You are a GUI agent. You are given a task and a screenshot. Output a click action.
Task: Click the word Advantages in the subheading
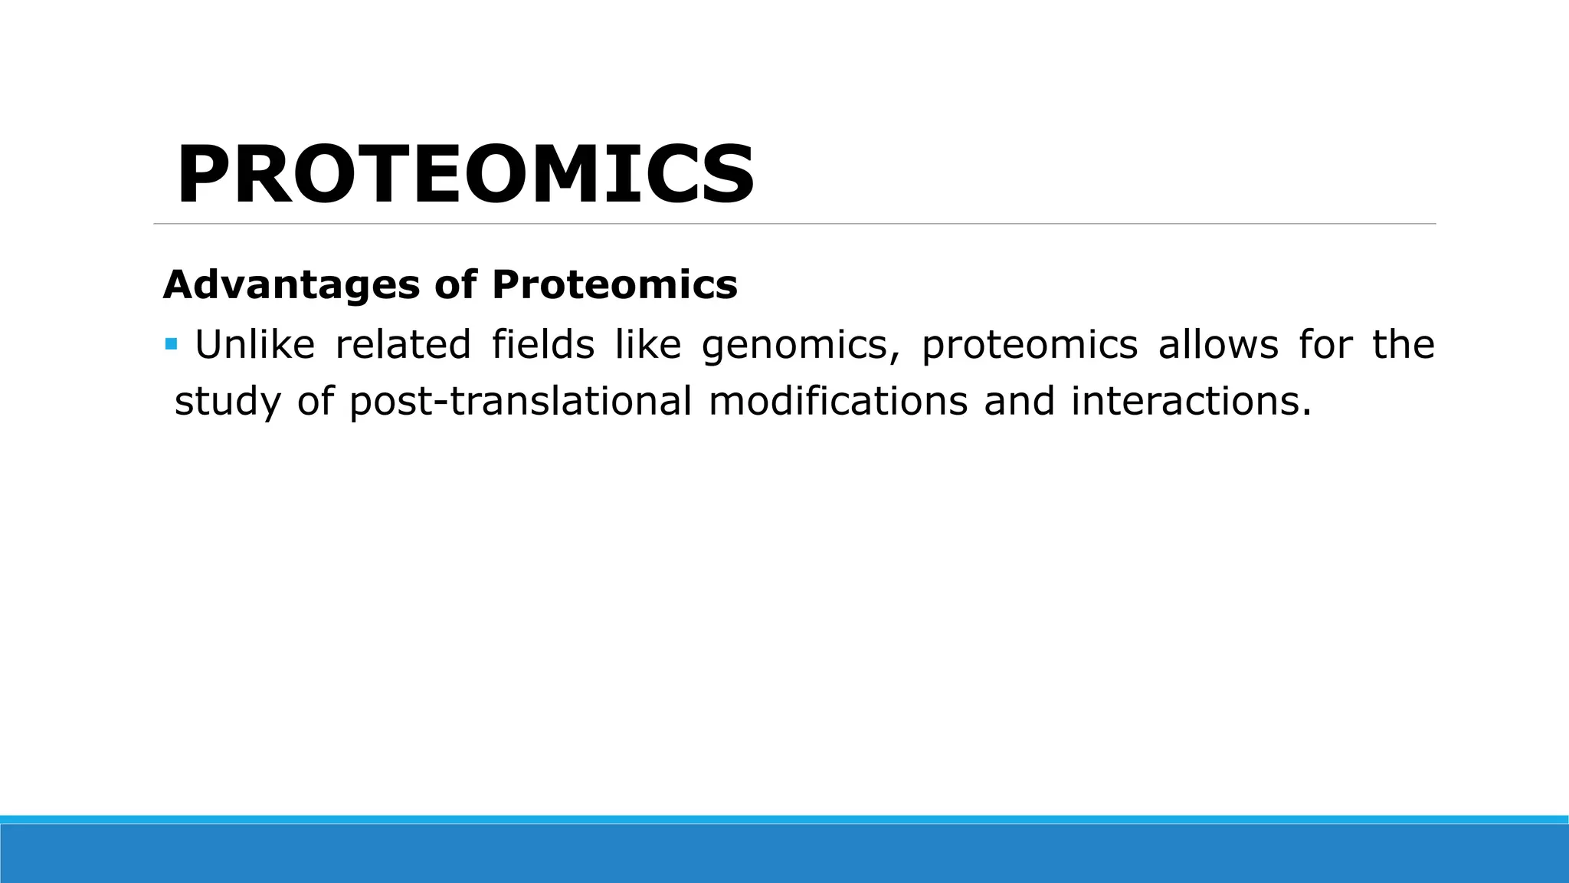coord(291,285)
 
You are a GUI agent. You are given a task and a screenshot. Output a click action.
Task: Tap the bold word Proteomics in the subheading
coord(614,285)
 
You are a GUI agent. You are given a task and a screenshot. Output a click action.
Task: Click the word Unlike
coord(254,345)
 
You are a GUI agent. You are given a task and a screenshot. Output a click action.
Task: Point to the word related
coord(403,345)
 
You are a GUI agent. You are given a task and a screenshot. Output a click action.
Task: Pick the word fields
coord(543,345)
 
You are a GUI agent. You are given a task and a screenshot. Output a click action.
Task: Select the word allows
coord(1218,345)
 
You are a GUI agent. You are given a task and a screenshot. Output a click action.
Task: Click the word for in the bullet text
coord(1325,345)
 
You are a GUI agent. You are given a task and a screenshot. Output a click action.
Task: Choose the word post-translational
coord(520,402)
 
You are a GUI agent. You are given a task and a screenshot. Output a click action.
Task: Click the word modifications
coord(838,402)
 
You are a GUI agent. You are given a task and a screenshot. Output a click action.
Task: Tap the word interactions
coord(1191,402)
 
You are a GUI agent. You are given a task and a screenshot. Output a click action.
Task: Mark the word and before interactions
coord(1019,402)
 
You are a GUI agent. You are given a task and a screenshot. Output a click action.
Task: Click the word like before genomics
coord(648,345)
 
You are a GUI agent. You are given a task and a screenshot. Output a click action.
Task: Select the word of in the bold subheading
coord(456,285)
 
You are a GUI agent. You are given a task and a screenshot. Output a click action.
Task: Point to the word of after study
coord(315,402)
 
